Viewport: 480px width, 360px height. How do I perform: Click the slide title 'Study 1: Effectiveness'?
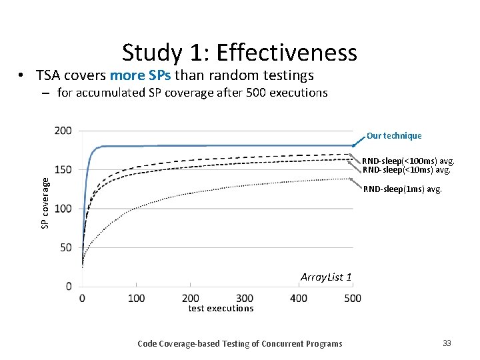[x=239, y=52]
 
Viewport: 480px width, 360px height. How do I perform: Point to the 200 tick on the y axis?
[x=63, y=131]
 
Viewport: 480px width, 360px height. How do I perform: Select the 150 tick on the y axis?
[x=63, y=169]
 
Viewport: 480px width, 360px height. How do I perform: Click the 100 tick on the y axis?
[x=63, y=209]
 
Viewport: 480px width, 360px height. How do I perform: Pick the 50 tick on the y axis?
[x=66, y=247]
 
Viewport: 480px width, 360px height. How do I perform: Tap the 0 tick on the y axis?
[x=69, y=286]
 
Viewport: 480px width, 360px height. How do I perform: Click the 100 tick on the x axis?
[x=136, y=298]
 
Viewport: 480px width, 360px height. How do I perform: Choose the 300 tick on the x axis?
[x=245, y=298]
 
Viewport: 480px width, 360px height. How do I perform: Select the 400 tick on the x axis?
[x=299, y=298]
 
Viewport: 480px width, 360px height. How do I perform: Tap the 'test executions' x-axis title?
[x=221, y=308]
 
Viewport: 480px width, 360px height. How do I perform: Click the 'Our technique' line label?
[x=394, y=136]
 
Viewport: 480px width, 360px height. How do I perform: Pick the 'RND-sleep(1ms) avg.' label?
[x=402, y=189]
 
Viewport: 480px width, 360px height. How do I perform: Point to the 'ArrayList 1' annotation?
[x=326, y=277]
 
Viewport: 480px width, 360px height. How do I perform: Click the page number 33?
[x=447, y=343]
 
